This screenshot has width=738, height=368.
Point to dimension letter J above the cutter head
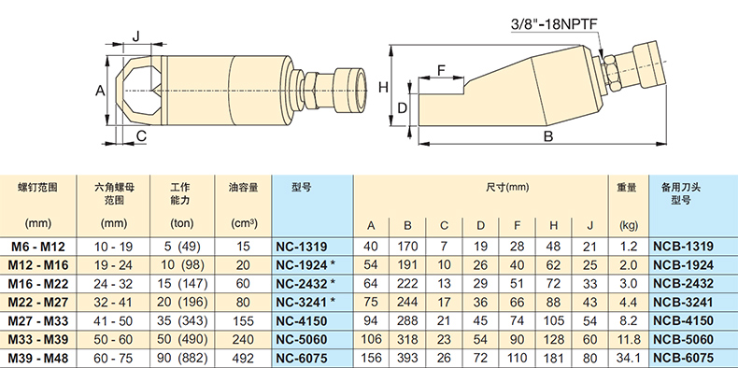pos(136,36)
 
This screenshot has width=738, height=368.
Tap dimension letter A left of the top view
pos(100,91)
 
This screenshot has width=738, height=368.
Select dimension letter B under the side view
pos(547,136)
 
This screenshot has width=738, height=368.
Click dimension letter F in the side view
pos(441,71)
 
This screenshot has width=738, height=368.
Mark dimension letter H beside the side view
pos(384,87)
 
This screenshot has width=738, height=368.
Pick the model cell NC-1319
pos(301,247)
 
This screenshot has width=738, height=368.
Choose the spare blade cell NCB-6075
pos(683,358)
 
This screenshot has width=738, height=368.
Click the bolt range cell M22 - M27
pos(38,302)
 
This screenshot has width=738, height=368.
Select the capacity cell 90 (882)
pos(181,358)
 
